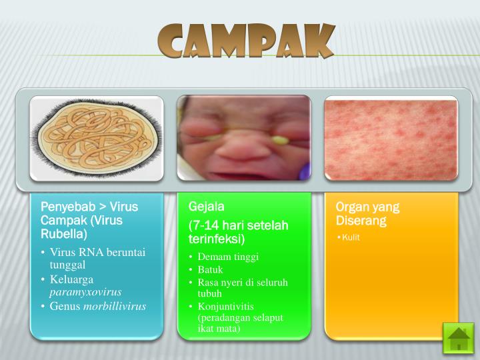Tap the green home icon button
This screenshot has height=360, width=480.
(459, 337)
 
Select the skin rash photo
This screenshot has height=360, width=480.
(391, 139)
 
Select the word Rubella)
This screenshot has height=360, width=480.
(64, 234)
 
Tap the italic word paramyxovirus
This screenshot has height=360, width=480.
(85, 292)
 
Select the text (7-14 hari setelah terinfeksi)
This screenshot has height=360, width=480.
(238, 232)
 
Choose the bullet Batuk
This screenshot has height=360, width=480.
(210, 269)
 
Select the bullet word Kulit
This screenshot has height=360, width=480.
(351, 237)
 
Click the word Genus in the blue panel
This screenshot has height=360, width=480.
(65, 306)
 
